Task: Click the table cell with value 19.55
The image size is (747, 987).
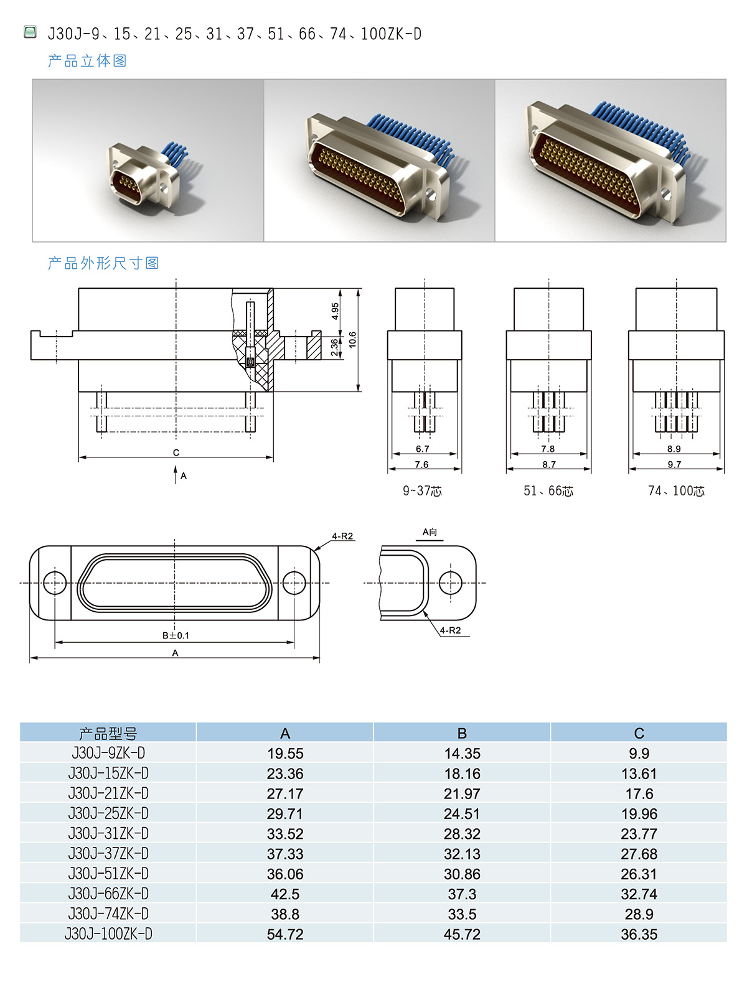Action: pyautogui.click(x=284, y=753)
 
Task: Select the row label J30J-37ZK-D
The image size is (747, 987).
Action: pyautogui.click(x=108, y=853)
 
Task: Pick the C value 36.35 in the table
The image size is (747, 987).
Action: pyautogui.click(x=639, y=934)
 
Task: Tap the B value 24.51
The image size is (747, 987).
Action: pyautogui.click(x=462, y=813)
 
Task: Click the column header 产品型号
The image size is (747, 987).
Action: pyautogui.click(x=108, y=733)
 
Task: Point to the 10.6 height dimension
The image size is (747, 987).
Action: pyautogui.click(x=352, y=340)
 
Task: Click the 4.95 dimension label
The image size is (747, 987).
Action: pyautogui.click(x=335, y=311)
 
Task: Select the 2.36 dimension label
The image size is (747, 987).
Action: pyautogui.click(x=334, y=347)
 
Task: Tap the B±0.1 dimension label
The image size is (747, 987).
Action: pyautogui.click(x=176, y=635)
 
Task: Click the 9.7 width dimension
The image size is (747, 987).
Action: pyautogui.click(x=674, y=464)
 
